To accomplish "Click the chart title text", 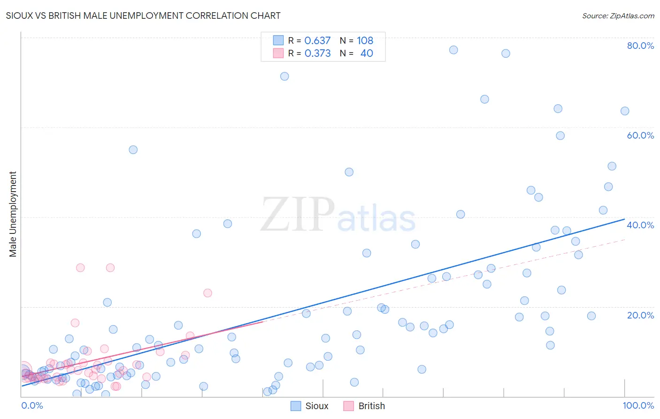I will pyautogui.click(x=143, y=16).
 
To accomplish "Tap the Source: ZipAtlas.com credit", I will pyautogui.click(x=618, y=16).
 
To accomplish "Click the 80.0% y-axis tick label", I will pyautogui.click(x=640, y=46).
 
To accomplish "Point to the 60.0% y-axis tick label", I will pyautogui.click(x=640, y=135).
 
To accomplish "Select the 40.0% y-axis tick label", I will pyautogui.click(x=640, y=225).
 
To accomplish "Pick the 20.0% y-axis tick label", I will pyautogui.click(x=640, y=315).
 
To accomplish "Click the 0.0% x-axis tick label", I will pyautogui.click(x=32, y=405).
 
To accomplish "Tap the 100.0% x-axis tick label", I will pyautogui.click(x=638, y=405).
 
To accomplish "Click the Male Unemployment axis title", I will pyautogui.click(x=13, y=214).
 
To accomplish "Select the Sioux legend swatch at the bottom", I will pyautogui.click(x=296, y=406).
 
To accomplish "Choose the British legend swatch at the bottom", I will pyautogui.click(x=348, y=406).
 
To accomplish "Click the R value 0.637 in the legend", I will pyautogui.click(x=317, y=40).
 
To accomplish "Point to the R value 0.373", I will pyautogui.click(x=317, y=53).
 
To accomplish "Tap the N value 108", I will pyautogui.click(x=365, y=40).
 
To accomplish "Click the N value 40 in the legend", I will pyautogui.click(x=367, y=53).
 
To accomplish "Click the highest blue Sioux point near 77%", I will pyautogui.click(x=453, y=50).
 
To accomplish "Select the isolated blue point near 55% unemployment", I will pyautogui.click(x=133, y=150).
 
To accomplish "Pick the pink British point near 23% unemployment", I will pyautogui.click(x=207, y=293).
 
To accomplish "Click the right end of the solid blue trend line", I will pyautogui.click(x=624, y=219).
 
